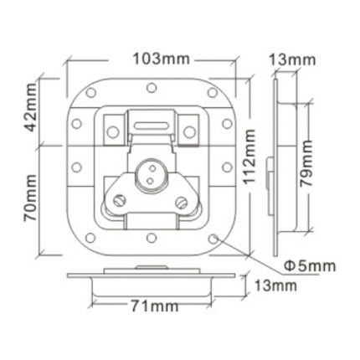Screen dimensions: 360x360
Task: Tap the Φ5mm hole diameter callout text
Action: tap(309, 265)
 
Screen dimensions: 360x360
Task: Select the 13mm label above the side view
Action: tap(292, 60)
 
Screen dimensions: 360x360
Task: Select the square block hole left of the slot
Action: tap(111, 128)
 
